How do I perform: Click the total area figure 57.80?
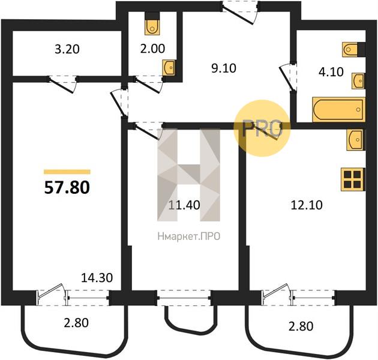pyautogui.click(x=67, y=188)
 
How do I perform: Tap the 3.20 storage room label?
pyautogui.click(x=67, y=49)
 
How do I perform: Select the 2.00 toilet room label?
pyautogui.click(x=152, y=49)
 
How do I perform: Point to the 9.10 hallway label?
pyautogui.click(x=223, y=68)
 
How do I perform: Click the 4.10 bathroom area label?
pyautogui.click(x=331, y=72)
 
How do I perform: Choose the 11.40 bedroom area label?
pyautogui.click(x=184, y=205)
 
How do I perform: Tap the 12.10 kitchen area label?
pyautogui.click(x=307, y=205)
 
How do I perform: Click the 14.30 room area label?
pyautogui.click(x=97, y=278)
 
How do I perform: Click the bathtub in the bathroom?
pyautogui.click(x=339, y=110)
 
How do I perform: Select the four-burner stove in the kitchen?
pyautogui.click(x=353, y=179)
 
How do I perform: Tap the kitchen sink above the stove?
pyautogui.click(x=356, y=140)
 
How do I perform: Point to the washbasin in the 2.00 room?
pyautogui.click(x=169, y=68)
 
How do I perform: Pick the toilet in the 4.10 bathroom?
pyautogui.click(x=353, y=50)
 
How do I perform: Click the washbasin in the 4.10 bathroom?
pyautogui.click(x=358, y=81)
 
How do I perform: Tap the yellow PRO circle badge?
pyautogui.click(x=262, y=128)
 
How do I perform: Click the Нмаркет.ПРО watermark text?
pyautogui.click(x=189, y=237)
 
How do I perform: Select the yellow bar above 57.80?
pyautogui.click(x=67, y=172)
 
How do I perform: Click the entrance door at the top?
pyautogui.click(x=241, y=13)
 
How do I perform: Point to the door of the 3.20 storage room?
pyautogui.click(x=63, y=84)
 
